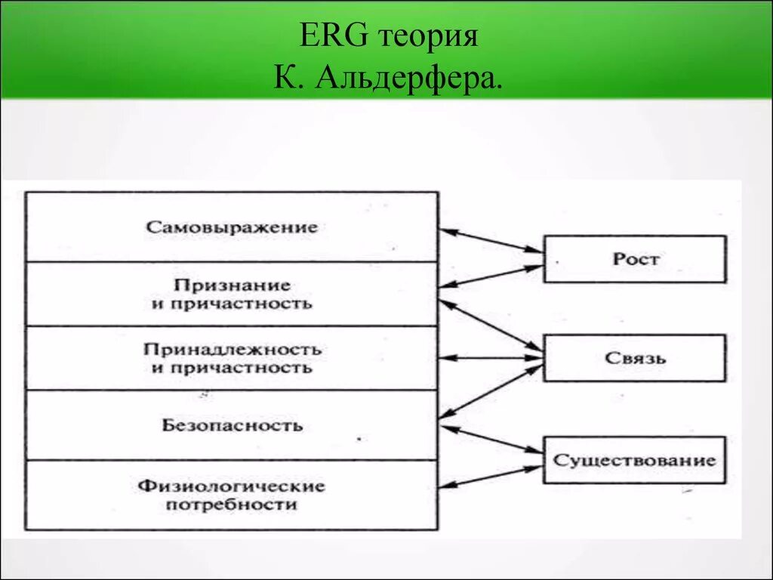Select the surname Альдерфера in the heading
pyautogui.click(x=411, y=79)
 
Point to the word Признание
pyautogui.click(x=232, y=285)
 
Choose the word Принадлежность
pyautogui.click(x=232, y=350)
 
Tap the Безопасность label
pyautogui.click(x=232, y=425)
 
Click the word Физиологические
pyautogui.click(x=232, y=486)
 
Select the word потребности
pyautogui.click(x=232, y=504)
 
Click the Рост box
pyautogui.click(x=635, y=259)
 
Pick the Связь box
pyautogui.click(x=635, y=358)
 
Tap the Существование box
pyautogui.click(x=635, y=460)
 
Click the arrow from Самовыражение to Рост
pyautogui.click(x=491, y=240)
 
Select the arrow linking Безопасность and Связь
pyautogui.click(x=491, y=391)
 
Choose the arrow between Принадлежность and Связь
pyautogui.click(x=491, y=357)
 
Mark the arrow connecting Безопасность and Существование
pyautogui.click(x=491, y=440)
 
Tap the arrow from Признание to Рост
pyautogui.click(x=491, y=276)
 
